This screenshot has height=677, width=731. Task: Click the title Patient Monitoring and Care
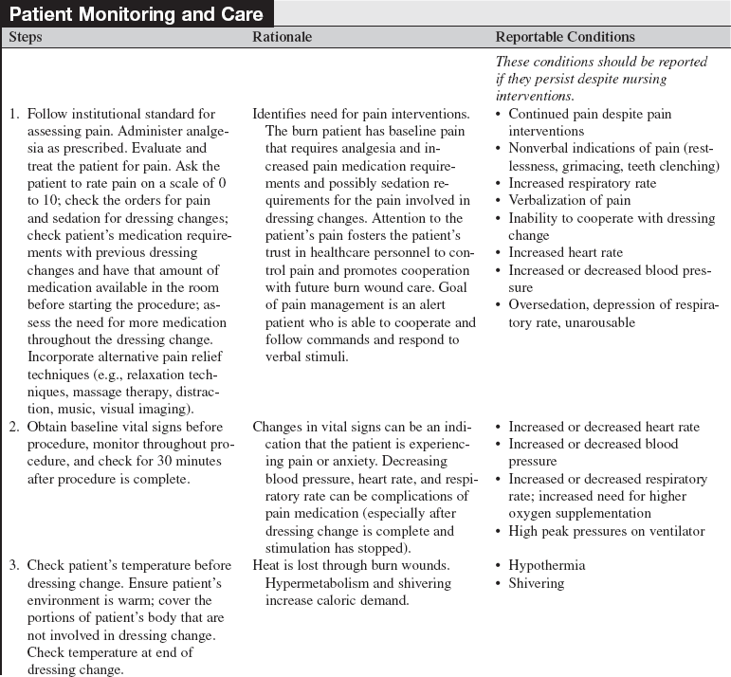point(138,14)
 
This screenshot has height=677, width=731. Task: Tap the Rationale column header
point(282,37)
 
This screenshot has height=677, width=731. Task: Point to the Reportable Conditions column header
point(565,37)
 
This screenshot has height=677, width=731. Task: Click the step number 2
point(14,427)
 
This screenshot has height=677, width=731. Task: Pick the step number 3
point(14,565)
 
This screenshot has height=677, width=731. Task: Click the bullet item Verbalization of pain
point(569,200)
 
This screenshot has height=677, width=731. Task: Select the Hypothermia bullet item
point(546,565)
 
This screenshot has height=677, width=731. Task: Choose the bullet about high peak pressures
point(606,531)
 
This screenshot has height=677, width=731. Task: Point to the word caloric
point(332,600)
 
